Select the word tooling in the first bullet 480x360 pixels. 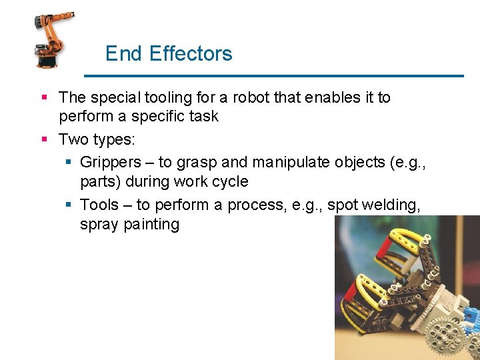(167, 98)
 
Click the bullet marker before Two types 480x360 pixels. (44, 139)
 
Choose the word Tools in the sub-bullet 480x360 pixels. (99, 205)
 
